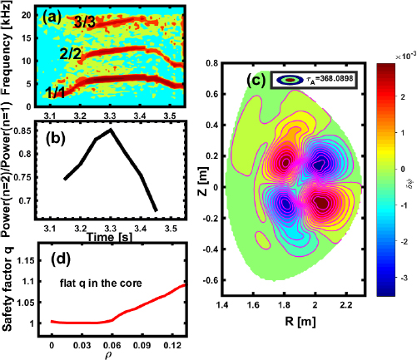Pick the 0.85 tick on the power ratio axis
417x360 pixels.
(x=29, y=130)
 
